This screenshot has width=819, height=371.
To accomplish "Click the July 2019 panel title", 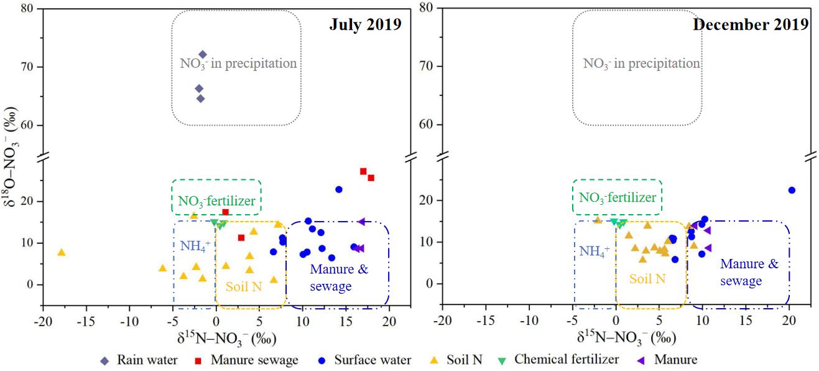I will [x=365, y=24].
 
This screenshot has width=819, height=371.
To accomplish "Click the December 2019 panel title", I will [x=751, y=24].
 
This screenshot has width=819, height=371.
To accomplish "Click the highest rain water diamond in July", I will [x=202, y=55].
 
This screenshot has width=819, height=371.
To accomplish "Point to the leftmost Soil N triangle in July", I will [x=61, y=252].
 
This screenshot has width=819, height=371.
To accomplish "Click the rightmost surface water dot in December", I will [x=792, y=190].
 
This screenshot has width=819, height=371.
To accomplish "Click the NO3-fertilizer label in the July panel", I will [x=216, y=201].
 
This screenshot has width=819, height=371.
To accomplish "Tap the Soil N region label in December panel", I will [x=647, y=279].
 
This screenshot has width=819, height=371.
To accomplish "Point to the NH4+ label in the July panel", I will [x=195, y=245].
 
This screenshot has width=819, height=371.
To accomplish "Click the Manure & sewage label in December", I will [x=749, y=272].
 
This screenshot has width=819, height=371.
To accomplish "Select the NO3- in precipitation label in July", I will [x=238, y=63].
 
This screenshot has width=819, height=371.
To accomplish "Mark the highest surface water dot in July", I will [x=339, y=189].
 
